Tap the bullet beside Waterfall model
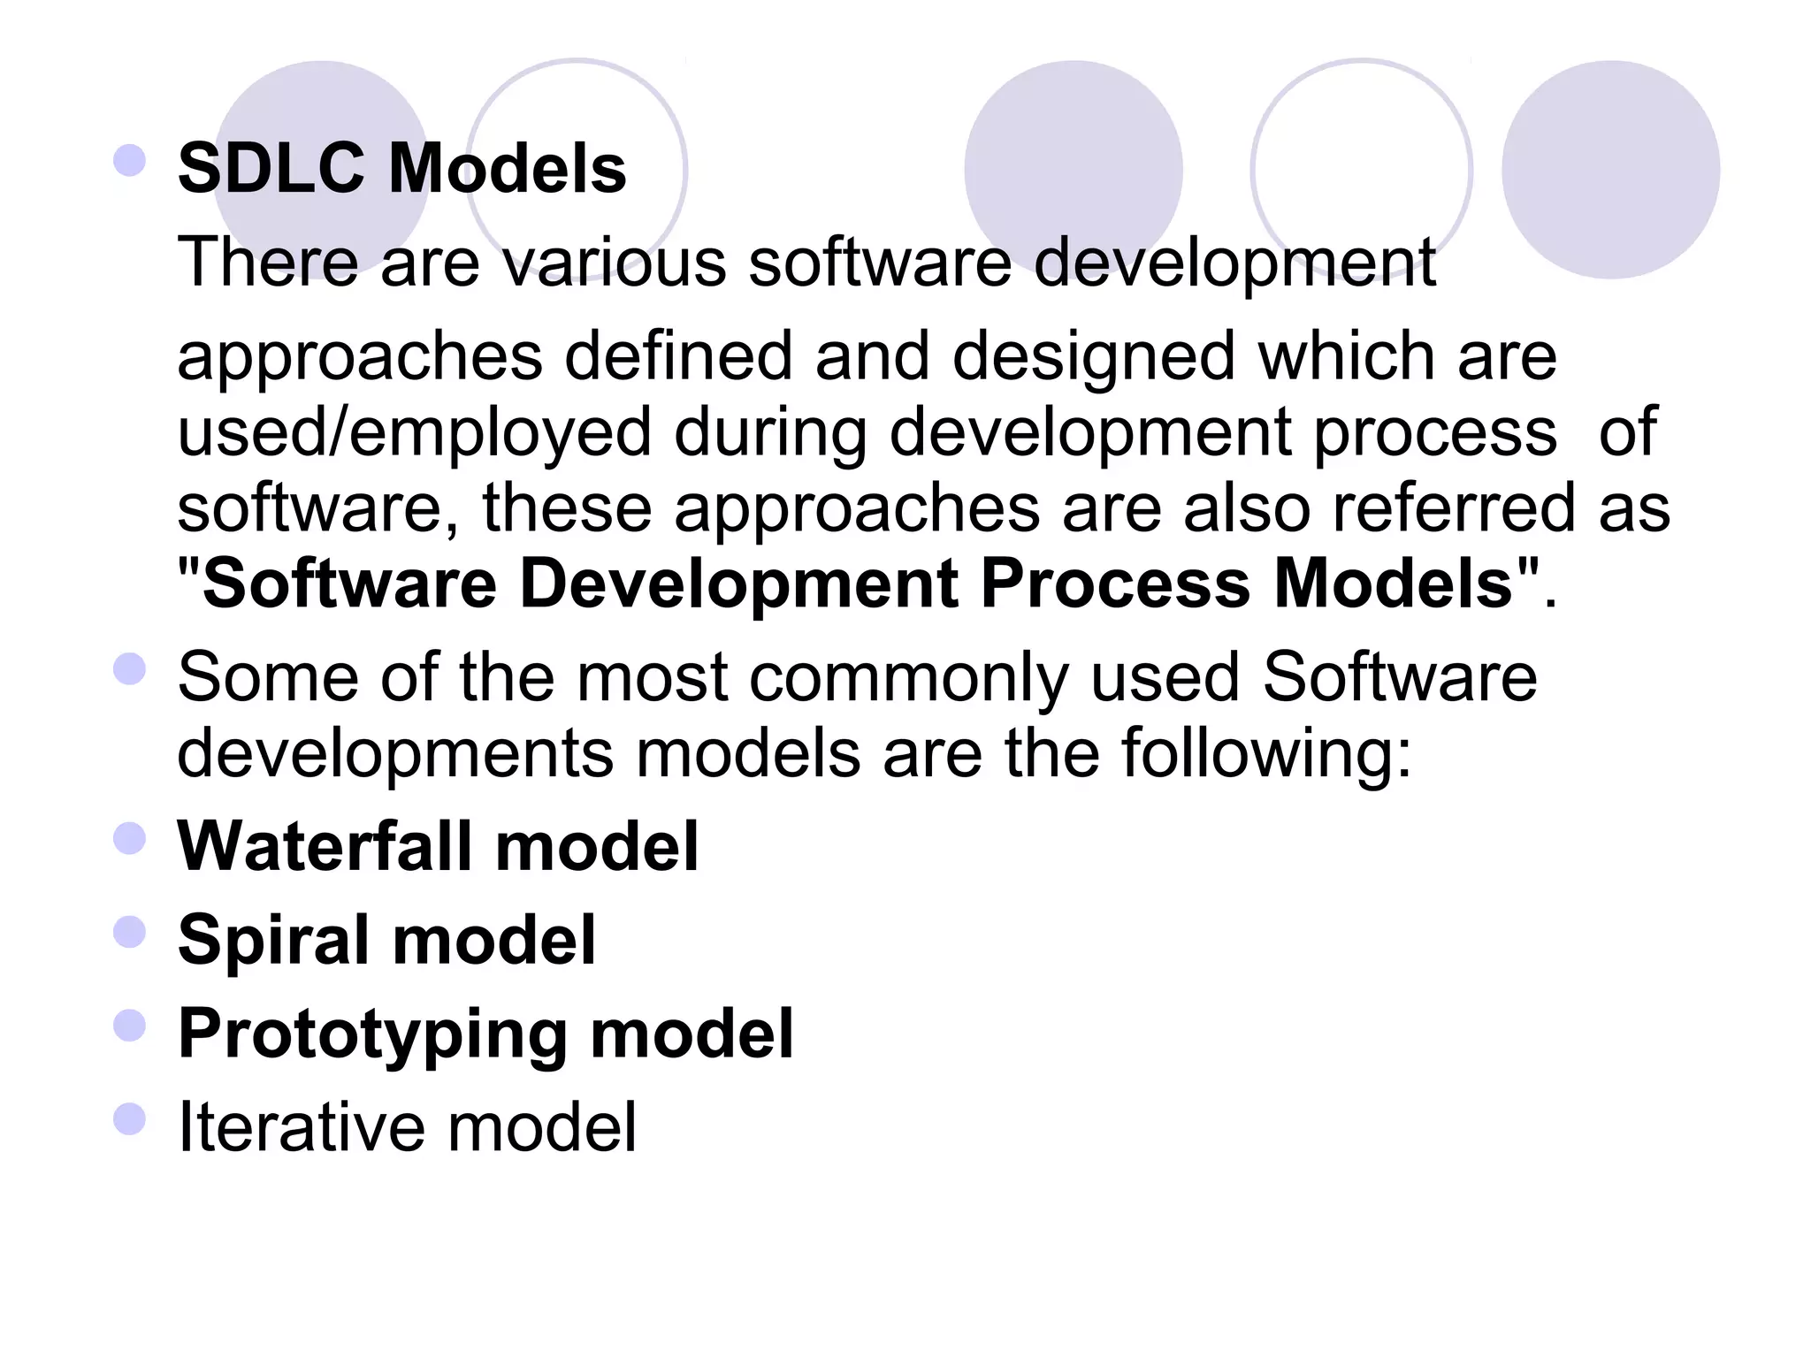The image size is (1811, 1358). (x=130, y=838)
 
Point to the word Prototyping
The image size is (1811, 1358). (x=372, y=1034)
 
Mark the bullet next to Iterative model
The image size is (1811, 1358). (x=130, y=1119)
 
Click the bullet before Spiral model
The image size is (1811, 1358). (x=130, y=932)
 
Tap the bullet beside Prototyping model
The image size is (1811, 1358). (x=130, y=1026)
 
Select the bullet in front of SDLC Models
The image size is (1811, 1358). (x=130, y=161)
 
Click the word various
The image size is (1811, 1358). (x=614, y=263)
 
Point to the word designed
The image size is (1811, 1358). (x=1093, y=358)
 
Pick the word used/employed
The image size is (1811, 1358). (x=415, y=433)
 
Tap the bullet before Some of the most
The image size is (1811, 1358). (x=130, y=668)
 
